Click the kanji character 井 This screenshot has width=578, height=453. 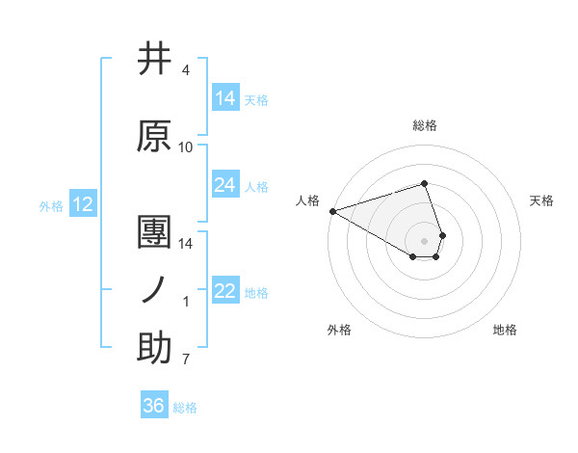coord(154,60)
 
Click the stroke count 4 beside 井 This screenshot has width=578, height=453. coord(186,71)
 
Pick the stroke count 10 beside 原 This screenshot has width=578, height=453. coord(186,147)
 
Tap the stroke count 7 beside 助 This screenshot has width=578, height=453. coord(186,360)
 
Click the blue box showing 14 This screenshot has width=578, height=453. coord(225,98)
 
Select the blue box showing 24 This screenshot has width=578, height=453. coord(225,185)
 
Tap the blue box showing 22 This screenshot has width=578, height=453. coord(225,291)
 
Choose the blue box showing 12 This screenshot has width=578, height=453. coord(82,204)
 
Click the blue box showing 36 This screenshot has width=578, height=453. coord(154,406)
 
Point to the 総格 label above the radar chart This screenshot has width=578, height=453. coord(425,125)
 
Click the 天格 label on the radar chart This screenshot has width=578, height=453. coord(542,200)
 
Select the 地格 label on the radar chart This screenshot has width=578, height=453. coord(505,330)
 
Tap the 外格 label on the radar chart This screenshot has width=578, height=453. coord(339,330)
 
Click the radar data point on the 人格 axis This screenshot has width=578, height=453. coord(332,211)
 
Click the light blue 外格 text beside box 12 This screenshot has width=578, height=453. coord(51,205)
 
